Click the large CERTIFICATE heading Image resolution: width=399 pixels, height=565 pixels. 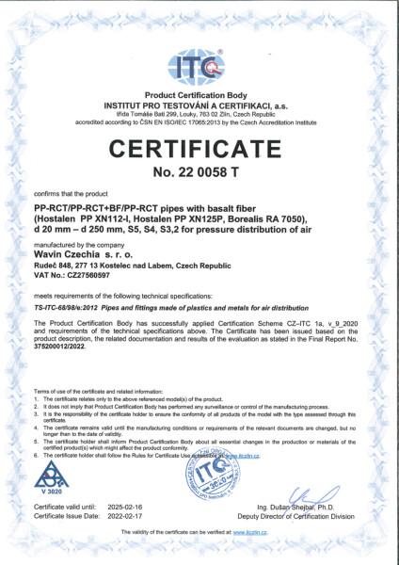tap(199, 150)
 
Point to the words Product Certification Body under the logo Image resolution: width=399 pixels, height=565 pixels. tap(199, 95)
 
